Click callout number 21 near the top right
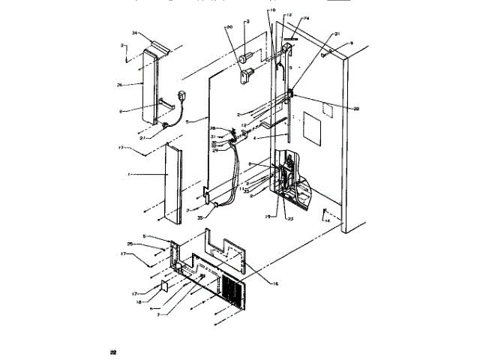[x=337, y=34]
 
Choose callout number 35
[x=201, y=217]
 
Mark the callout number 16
[x=275, y=284]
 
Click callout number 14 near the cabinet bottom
[x=327, y=222]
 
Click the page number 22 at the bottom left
[x=113, y=352]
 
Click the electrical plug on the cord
[x=183, y=97]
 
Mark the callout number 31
[x=213, y=136]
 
